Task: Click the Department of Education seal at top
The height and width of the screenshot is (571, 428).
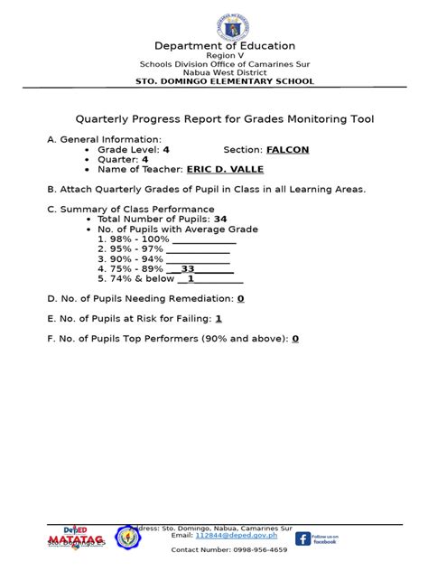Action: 213,19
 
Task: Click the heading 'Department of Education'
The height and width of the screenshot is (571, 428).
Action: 213,45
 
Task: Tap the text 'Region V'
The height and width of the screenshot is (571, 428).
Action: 213,55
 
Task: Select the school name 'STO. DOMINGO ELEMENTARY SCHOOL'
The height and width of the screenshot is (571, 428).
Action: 213,81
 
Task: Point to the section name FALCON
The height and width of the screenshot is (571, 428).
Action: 288,149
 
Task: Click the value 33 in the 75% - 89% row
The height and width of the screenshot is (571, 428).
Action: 188,268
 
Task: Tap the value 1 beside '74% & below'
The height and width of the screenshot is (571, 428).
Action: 191,278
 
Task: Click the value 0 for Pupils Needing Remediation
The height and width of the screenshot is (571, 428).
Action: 241,298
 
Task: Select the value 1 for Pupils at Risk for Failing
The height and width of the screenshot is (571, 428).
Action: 219,318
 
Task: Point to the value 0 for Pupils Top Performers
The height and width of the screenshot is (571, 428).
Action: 294,339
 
